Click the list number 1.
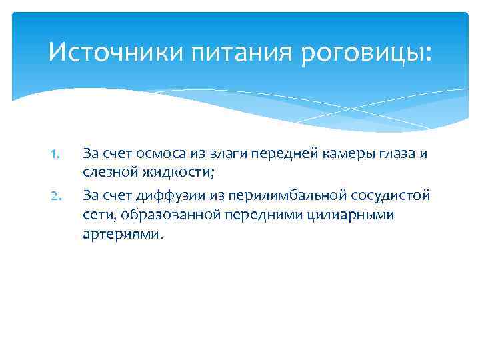coord(56,154)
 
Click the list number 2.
coord(56,195)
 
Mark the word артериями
coord(121,235)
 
